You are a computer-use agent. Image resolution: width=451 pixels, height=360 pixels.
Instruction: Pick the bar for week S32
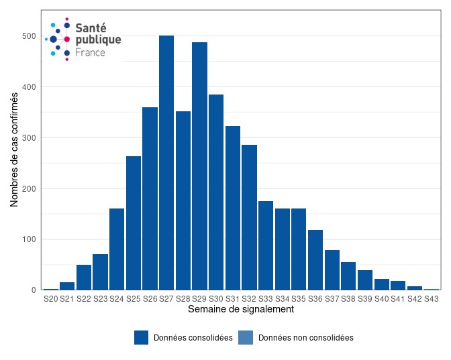[x=249, y=217]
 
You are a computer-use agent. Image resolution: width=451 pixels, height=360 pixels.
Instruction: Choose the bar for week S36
[x=315, y=260]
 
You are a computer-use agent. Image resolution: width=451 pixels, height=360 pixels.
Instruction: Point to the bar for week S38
[x=348, y=276]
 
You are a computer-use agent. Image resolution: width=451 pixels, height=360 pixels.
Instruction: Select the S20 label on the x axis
[x=51, y=298]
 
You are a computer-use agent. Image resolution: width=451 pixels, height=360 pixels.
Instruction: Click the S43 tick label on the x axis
[x=431, y=298]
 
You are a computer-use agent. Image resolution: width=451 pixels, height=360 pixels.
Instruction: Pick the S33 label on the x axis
[x=266, y=298]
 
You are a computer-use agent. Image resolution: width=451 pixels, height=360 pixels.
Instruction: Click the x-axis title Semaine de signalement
[x=241, y=310]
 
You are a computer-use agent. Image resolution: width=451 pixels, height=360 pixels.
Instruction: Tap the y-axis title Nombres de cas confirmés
[x=14, y=149]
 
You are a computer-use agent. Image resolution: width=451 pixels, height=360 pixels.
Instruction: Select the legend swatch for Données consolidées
[x=141, y=338]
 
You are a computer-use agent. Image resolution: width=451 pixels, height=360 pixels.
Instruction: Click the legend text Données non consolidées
[x=305, y=338]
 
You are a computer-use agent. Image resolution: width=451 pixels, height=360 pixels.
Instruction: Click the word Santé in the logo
[x=90, y=27]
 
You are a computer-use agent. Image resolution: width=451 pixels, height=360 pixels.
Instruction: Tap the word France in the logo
[x=90, y=52]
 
